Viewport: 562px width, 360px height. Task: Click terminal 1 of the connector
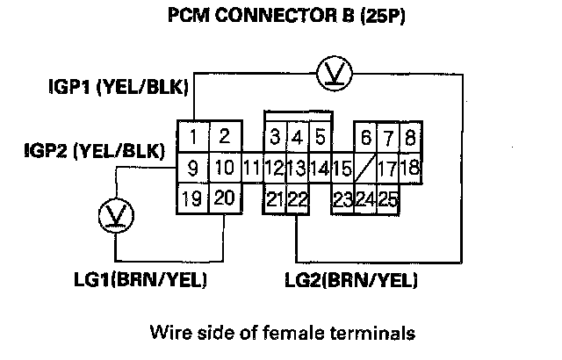point(192,136)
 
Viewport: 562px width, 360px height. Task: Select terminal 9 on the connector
point(192,167)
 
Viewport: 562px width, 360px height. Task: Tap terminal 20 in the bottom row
point(223,198)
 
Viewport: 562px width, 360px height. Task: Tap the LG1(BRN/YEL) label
point(145,280)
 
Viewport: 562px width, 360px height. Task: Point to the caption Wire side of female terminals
point(281,333)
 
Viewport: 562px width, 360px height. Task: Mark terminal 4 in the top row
point(298,137)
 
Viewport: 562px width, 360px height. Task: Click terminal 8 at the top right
point(409,137)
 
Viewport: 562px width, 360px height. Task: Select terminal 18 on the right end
point(411,167)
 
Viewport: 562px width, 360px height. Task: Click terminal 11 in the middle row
point(251,167)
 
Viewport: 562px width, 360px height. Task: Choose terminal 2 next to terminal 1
point(223,136)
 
